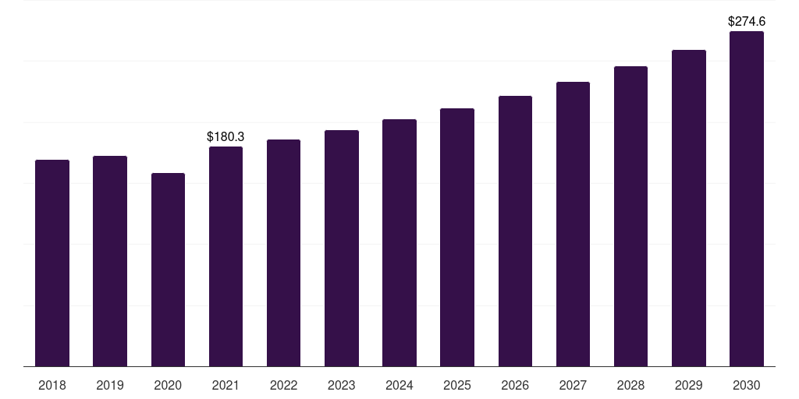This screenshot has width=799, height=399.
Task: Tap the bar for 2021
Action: pos(225,256)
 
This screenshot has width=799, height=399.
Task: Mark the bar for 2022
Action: pos(283,252)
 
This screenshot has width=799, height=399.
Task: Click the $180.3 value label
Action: pos(225,136)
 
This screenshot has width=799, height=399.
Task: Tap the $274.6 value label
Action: pos(747,22)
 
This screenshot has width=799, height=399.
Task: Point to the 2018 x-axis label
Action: pos(52,385)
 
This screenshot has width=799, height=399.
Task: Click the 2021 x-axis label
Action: pos(225,385)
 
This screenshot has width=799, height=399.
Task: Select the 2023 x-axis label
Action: pos(342,385)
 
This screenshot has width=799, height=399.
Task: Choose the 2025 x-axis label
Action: pos(457,385)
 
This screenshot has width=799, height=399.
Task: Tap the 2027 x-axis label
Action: pos(573,385)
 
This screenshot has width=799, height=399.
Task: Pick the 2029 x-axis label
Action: pos(689,385)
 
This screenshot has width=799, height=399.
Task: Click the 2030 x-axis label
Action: pos(747,385)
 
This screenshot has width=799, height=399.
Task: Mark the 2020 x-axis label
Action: pos(168,385)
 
